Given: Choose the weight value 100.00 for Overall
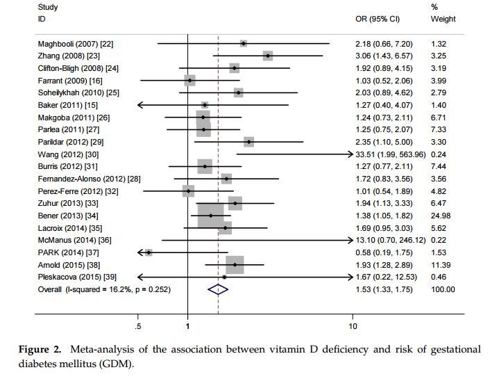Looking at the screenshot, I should [443, 289].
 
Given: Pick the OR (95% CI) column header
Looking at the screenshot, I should [378, 19].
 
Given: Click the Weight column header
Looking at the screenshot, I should [443, 19].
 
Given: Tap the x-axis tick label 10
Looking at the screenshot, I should [353, 326].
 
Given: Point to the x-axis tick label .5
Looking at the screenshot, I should [138, 326].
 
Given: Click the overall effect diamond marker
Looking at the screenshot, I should [218, 289].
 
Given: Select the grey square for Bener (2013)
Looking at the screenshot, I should [211, 216].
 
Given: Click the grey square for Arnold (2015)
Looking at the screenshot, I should [235, 265].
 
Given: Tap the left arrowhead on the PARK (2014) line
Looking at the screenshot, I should [141, 252].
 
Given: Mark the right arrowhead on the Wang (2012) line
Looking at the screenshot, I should [350, 154].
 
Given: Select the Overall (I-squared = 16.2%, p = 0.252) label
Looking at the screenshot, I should [104, 289].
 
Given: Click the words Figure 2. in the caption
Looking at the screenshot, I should [40, 348].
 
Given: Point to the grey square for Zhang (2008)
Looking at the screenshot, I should [268, 56].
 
